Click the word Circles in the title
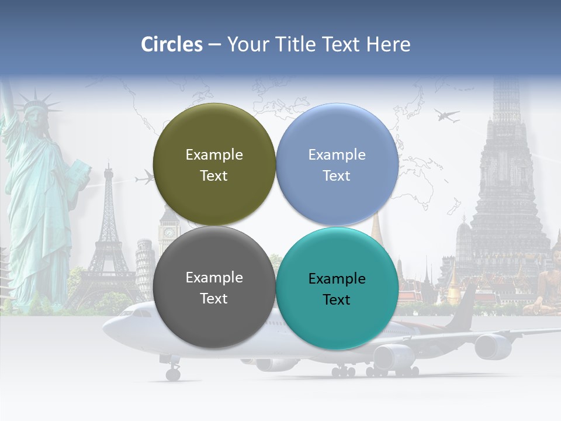pyautogui.click(x=172, y=44)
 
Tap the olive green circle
pyautogui.click(x=214, y=164)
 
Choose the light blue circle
pyautogui.click(x=337, y=164)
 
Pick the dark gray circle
pyautogui.click(x=214, y=287)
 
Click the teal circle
pyautogui.click(x=337, y=288)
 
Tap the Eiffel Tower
pyautogui.click(x=108, y=234)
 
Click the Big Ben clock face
pyautogui.click(x=169, y=232)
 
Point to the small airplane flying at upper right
pyautogui.click(x=447, y=116)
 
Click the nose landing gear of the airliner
pyautogui.click(x=173, y=372)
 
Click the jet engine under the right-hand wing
pyautogui.click(x=493, y=346)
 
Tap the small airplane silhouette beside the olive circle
pyautogui.click(x=144, y=178)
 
